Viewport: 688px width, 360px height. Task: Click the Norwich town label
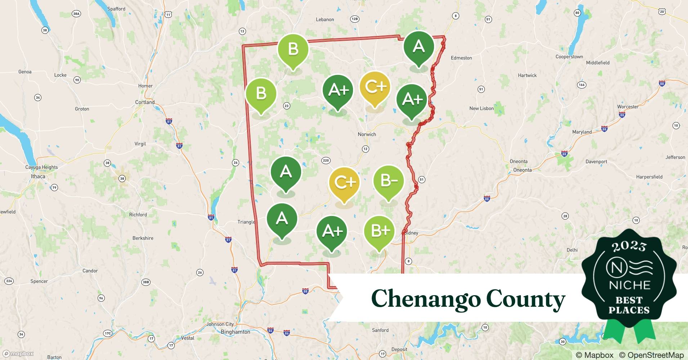click(x=367, y=134)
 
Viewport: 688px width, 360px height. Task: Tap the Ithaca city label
click(x=38, y=176)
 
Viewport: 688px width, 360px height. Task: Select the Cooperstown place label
click(x=569, y=57)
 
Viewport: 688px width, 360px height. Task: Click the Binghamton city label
click(x=235, y=332)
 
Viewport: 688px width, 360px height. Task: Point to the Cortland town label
click(x=145, y=102)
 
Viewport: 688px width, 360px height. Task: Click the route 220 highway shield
click(x=326, y=161)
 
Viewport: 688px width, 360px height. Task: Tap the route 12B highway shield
click(x=354, y=19)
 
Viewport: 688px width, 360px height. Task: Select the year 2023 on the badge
click(x=629, y=247)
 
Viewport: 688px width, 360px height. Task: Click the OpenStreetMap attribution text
click(x=651, y=355)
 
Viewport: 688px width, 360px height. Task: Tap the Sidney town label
click(x=411, y=233)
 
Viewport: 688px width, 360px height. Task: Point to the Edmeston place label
click(x=461, y=58)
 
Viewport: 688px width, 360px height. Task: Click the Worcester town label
click(x=627, y=107)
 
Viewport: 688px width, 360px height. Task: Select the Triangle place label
click(x=246, y=222)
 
